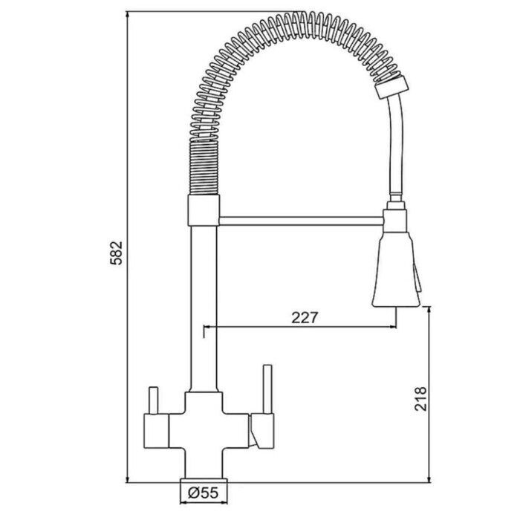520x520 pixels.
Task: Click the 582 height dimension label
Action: pyautogui.click(x=117, y=253)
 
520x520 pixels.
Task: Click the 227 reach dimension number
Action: pyautogui.click(x=305, y=317)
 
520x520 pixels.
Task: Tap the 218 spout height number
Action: pyautogui.click(x=420, y=399)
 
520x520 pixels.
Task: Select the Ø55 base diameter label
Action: pyautogui.click(x=204, y=493)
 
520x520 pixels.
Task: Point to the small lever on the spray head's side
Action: pyautogui.click(x=417, y=277)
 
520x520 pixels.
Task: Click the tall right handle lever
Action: pyautogui.click(x=267, y=389)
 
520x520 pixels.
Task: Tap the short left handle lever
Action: pyautogui.click(x=153, y=400)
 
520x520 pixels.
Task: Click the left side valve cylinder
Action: pyautogui.click(x=156, y=431)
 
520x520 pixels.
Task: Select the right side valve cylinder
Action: pyautogui.click(x=263, y=431)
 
